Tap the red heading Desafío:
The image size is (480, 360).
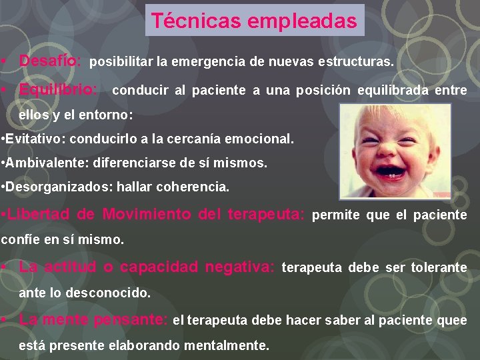point(51,61)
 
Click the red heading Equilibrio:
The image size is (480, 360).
point(58,89)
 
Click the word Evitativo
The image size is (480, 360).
point(35,140)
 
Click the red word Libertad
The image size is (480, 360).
point(38,215)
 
